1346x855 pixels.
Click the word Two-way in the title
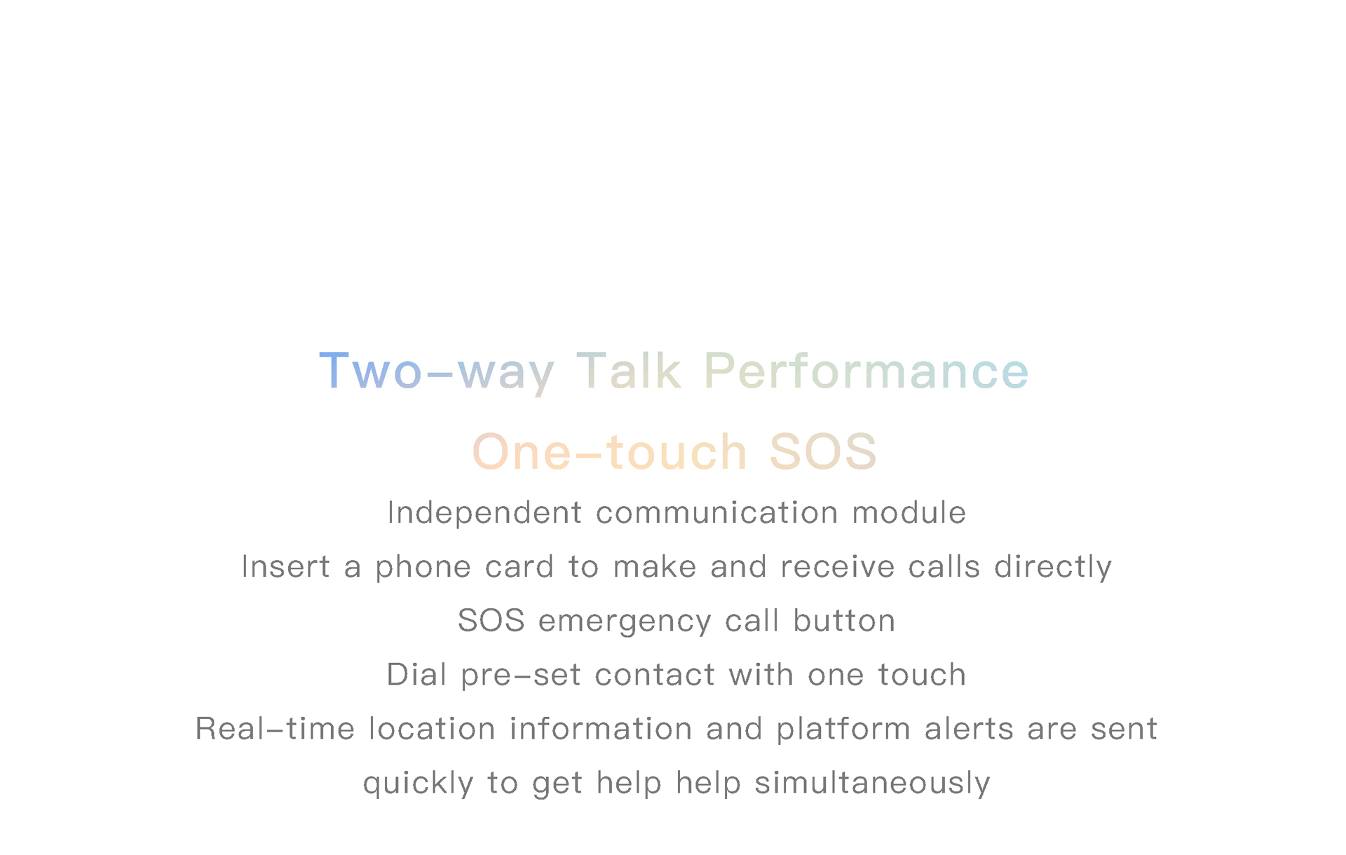point(437,372)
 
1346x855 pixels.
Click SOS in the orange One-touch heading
point(823,451)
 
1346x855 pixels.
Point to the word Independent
point(484,512)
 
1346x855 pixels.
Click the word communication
point(717,512)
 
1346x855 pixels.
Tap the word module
point(909,512)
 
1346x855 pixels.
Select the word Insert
point(285,566)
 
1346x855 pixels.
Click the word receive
point(838,566)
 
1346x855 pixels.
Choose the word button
point(844,620)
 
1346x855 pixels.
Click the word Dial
point(416,674)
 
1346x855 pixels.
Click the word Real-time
point(275,728)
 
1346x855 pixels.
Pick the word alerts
point(969,728)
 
